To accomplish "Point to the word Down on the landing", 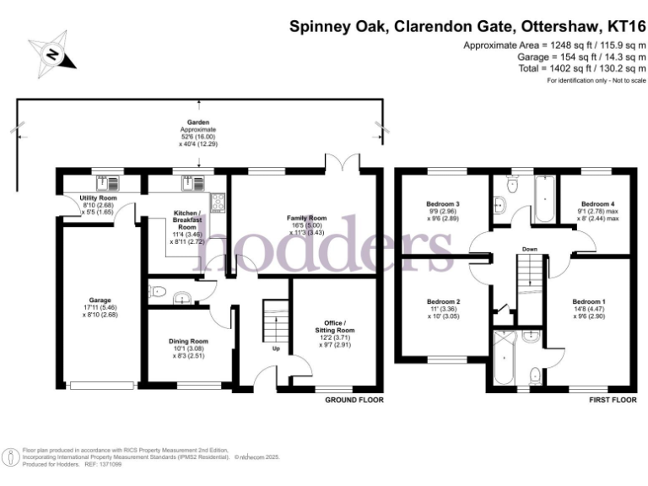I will tap(530, 250).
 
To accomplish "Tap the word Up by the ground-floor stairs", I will tap(275, 348).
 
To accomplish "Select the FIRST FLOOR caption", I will tap(611, 398).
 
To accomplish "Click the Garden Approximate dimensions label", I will tap(199, 133).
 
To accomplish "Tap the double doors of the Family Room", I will tap(342, 162).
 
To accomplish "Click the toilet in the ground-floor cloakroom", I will tap(180, 296).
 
